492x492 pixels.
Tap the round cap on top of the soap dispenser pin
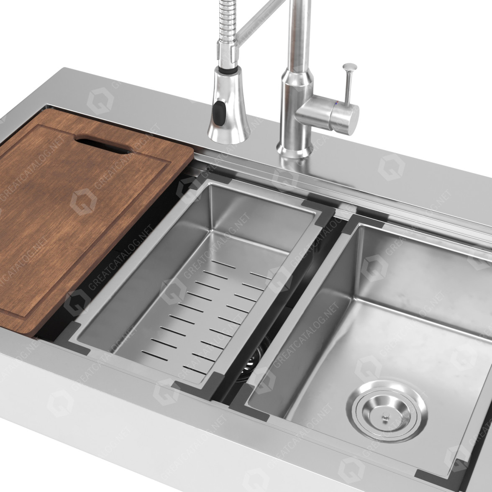[349, 67]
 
